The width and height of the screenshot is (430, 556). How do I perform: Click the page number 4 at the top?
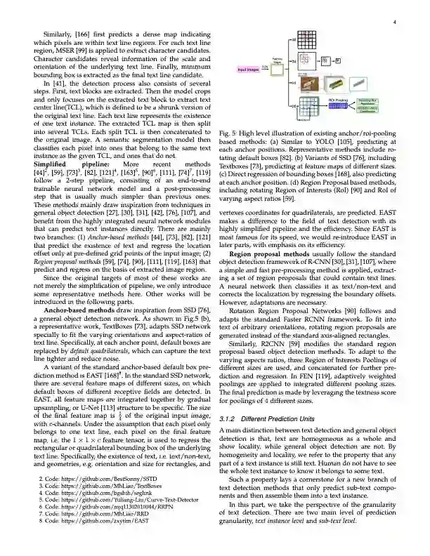pos(396,22)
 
